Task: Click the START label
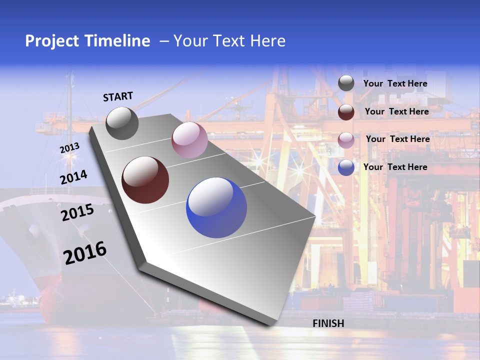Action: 118,96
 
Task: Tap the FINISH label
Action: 328,323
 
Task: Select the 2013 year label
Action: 69,148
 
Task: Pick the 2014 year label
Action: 74,177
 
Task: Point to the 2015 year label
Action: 77,212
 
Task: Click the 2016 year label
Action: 85,253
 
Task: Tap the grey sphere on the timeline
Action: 122,123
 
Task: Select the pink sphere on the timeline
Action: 189,140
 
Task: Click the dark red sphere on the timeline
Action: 145,180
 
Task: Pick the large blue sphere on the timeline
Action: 216,207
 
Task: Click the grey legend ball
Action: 346,83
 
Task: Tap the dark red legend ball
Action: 346,112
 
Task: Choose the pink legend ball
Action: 346,140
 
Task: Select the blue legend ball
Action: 346,167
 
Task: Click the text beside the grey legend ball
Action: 395,83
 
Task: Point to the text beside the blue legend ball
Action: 395,167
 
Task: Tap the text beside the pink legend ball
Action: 398,139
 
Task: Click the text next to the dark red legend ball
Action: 397,111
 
